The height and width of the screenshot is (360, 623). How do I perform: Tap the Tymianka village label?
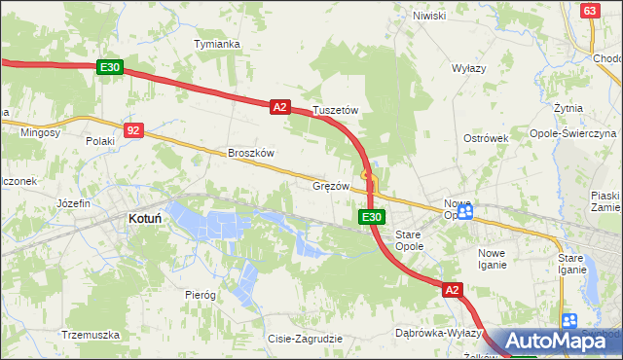216,45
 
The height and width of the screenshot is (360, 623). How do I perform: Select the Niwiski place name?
428,16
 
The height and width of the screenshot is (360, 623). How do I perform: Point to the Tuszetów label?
336,111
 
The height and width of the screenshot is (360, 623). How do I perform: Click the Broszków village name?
252,153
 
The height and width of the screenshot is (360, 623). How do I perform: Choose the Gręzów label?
330,185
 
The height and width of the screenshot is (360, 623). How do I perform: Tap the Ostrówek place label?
487,138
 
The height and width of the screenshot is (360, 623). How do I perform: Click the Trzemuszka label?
90,334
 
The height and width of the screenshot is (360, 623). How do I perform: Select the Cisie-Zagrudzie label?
305,339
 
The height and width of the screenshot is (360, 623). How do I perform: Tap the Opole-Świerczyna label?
573,132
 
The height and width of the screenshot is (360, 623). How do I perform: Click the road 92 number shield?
134,129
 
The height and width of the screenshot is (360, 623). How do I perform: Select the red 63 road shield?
589,10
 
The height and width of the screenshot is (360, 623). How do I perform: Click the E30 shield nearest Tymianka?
109,67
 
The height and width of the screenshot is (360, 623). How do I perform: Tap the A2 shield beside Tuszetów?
279,107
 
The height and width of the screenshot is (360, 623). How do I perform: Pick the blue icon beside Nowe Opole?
465,211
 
